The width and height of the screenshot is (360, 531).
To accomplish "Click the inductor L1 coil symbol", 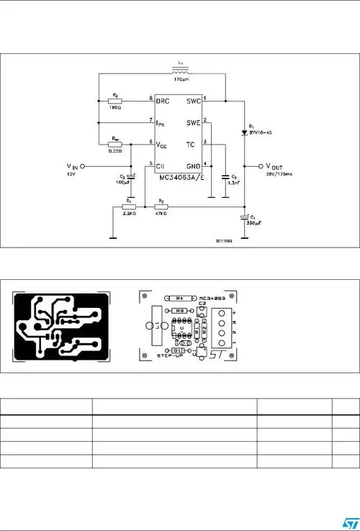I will point(181,72).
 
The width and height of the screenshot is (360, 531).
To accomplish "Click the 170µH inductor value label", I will point(181,81).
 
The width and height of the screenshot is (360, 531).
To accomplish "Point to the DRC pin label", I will point(164,100).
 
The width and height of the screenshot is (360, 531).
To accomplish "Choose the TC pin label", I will point(191,145).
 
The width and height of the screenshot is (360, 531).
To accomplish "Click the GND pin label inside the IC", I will point(193,165).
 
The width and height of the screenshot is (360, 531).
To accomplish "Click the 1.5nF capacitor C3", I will point(225,176).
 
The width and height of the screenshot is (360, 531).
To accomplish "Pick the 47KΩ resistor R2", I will point(161,207).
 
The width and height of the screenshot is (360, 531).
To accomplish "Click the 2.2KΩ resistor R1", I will point(129,207).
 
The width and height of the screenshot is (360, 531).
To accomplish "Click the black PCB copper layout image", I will point(61,326).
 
